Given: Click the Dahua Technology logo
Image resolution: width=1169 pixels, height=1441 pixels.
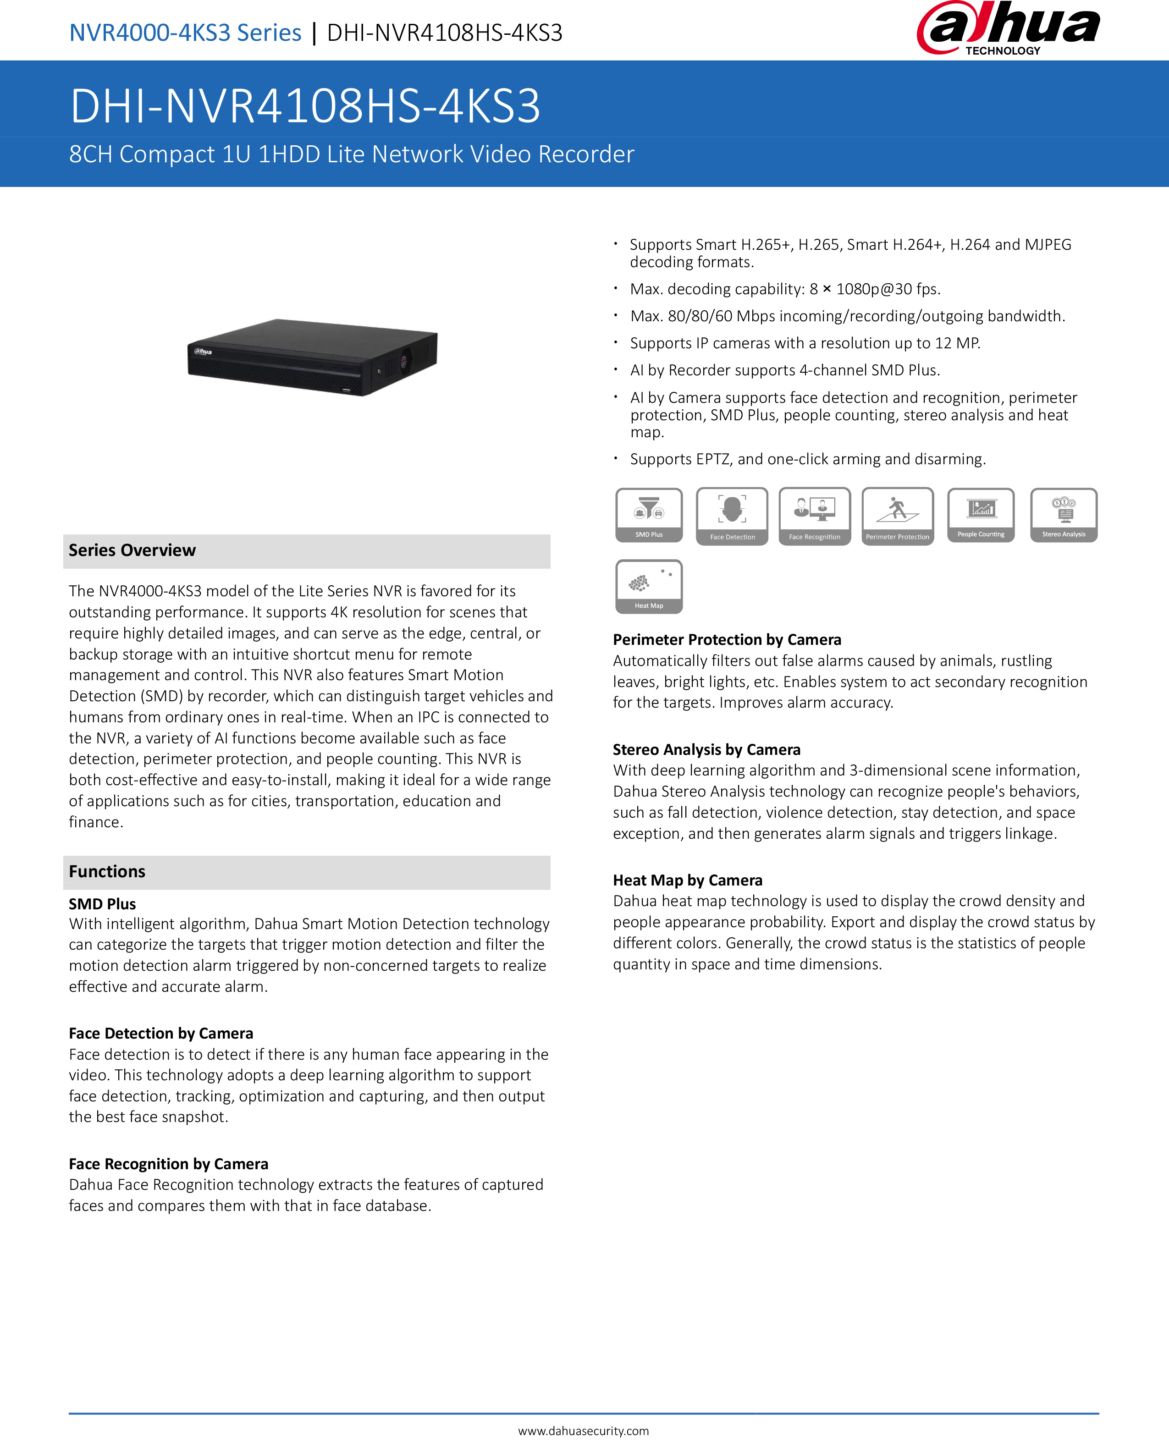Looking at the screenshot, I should (1008, 29).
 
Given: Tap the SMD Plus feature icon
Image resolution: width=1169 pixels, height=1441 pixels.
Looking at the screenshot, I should (649, 515).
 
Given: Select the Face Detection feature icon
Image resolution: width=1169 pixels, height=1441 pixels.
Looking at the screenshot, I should (732, 516).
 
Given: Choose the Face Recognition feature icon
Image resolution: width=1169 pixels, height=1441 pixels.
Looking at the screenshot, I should (815, 516).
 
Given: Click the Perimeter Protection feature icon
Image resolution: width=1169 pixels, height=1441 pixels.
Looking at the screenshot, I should (898, 516).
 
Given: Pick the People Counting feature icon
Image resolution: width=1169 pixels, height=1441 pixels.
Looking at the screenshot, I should (981, 515).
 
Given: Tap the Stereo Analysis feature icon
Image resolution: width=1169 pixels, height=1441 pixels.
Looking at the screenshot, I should (1063, 515).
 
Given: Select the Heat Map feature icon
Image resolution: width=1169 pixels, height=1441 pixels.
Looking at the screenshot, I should (649, 586).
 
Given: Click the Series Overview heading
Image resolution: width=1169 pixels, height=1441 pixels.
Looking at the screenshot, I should (132, 550).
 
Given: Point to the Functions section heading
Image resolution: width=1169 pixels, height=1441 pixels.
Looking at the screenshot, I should (107, 872).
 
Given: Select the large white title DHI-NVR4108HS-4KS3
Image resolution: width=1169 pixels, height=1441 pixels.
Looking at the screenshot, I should (305, 106).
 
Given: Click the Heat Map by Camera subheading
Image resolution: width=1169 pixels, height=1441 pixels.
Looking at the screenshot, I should (688, 880).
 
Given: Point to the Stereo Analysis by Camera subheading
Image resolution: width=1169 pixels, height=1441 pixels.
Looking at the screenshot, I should (706, 750).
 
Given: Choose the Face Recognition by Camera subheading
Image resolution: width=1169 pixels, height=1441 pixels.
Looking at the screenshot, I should (168, 1164).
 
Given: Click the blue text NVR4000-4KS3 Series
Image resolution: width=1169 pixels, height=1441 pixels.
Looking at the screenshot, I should (185, 32).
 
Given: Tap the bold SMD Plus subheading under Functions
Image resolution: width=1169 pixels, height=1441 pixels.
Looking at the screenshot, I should (102, 904).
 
